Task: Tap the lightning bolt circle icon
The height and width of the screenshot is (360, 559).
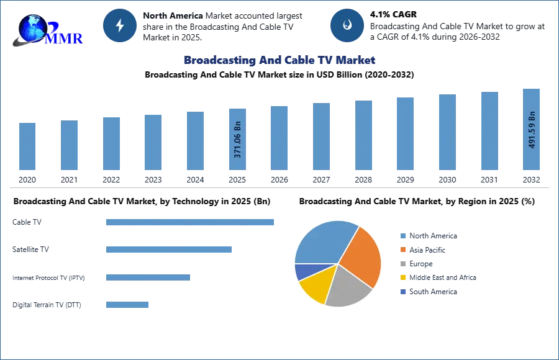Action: (120, 25)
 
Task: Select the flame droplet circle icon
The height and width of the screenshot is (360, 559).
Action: (347, 25)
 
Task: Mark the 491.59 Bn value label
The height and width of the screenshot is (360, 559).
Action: (532, 129)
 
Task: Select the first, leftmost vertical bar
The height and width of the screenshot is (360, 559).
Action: (27, 146)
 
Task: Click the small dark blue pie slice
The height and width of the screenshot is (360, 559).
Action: (302, 271)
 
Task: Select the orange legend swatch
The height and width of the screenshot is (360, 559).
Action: (402, 250)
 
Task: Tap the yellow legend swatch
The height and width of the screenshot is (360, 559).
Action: (402, 278)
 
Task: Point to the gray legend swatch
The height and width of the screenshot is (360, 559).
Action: (402, 264)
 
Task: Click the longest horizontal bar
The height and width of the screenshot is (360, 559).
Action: (190, 223)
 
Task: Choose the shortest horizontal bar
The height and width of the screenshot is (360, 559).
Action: (127, 304)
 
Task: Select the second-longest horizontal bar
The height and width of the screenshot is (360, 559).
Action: (168, 249)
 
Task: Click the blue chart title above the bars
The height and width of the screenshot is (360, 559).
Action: (280, 60)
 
